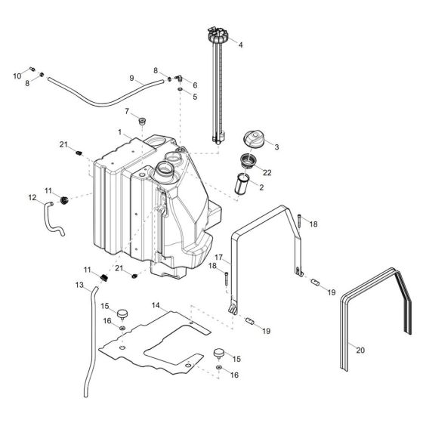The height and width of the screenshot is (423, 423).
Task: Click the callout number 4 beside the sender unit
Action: click(240, 45)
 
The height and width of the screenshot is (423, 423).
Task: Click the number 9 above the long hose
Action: click(131, 78)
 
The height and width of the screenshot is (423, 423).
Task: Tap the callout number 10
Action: click(17, 76)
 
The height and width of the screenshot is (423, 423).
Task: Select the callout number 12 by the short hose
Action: click(32, 198)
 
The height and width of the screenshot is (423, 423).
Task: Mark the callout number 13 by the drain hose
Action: click(80, 285)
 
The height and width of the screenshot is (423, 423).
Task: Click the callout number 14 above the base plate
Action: click(156, 305)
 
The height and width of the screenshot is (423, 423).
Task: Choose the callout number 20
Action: click(360, 349)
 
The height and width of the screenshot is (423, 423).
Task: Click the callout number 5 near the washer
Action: click(194, 97)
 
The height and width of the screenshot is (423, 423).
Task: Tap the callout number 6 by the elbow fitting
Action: click(194, 85)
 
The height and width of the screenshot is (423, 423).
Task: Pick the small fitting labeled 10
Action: click(33, 70)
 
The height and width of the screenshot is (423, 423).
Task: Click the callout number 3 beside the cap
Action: click(277, 147)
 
